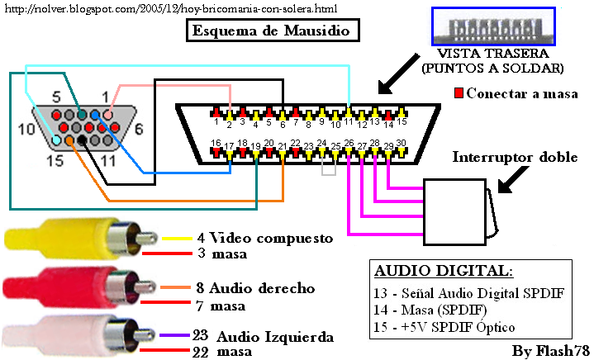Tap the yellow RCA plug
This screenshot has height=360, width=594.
point(58,237)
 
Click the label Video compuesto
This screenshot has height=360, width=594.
point(270,239)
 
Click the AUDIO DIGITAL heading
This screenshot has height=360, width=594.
point(444,271)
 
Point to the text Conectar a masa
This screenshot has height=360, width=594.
point(518,92)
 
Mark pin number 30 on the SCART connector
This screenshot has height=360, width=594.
point(401,143)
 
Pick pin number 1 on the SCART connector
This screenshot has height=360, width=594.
point(216,121)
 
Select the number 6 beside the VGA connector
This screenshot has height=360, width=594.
point(138,128)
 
